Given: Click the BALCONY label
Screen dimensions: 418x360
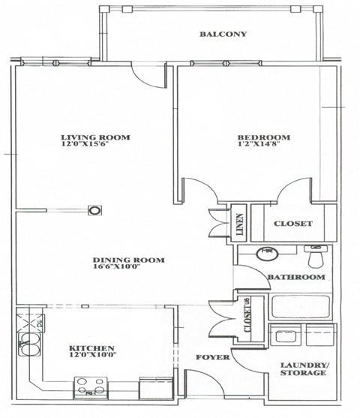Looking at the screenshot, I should [223, 35].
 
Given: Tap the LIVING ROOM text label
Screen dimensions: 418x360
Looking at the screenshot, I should [96, 137].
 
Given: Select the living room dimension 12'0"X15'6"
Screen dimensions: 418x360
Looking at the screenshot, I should [96, 147].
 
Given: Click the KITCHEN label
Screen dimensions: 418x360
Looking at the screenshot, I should [91, 348].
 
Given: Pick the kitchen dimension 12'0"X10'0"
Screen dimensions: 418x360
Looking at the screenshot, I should [91, 358].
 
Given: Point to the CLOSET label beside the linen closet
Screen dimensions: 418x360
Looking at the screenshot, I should [292, 224].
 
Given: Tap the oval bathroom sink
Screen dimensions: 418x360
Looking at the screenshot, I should [266, 253].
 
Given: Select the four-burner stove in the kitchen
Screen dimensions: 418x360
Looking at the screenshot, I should [91, 388].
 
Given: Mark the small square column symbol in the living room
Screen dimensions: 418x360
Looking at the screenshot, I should [94, 211].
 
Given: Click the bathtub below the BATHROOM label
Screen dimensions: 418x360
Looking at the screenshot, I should [300, 308].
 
